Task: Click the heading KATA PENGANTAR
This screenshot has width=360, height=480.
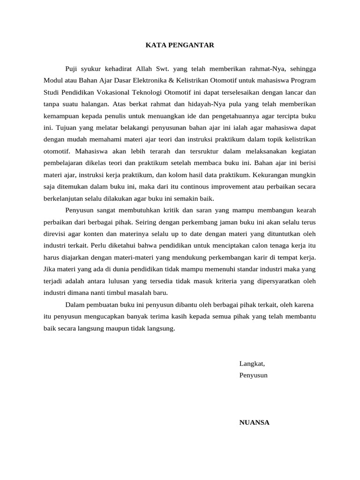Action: (x=180, y=45)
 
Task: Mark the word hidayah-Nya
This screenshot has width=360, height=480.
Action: (x=194, y=104)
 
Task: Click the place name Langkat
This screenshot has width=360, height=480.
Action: (x=252, y=363)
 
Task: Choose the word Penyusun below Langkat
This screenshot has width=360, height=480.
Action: (x=253, y=375)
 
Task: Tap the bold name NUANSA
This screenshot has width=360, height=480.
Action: (x=254, y=422)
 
